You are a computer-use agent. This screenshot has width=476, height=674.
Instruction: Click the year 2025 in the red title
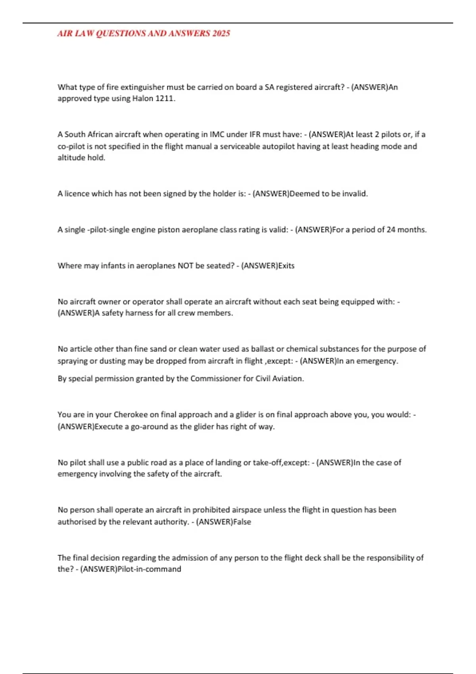[x=221, y=33]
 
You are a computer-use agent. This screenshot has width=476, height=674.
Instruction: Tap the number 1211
[x=165, y=98]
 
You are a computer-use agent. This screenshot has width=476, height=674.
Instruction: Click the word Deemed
[x=304, y=193]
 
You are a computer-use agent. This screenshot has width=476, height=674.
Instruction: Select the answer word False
[x=242, y=522]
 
